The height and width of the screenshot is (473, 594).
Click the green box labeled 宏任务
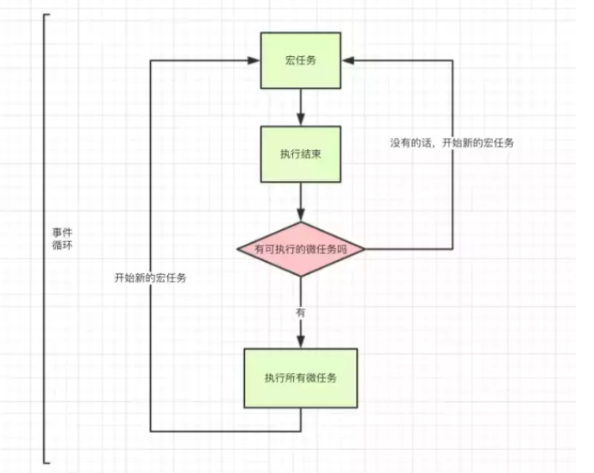click(x=301, y=60)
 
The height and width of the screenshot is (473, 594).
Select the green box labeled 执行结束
click(x=301, y=154)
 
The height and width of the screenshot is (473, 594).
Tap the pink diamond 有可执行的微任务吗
click(x=301, y=248)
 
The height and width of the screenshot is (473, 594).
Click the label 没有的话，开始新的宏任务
click(x=452, y=143)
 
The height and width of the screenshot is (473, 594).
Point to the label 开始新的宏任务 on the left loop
click(x=152, y=277)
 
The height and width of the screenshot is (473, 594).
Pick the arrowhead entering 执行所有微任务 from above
click(x=301, y=342)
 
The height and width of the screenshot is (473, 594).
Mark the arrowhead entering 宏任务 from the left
click(x=255, y=60)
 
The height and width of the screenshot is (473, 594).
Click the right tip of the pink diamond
click(x=365, y=248)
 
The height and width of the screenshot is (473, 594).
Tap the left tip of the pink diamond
click(x=237, y=248)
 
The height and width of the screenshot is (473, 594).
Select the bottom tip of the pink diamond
click(x=301, y=277)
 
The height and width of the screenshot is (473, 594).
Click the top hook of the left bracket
click(x=47, y=16)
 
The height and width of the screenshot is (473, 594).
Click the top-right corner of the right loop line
click(x=453, y=60)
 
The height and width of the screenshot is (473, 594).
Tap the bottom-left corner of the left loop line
click(x=151, y=430)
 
